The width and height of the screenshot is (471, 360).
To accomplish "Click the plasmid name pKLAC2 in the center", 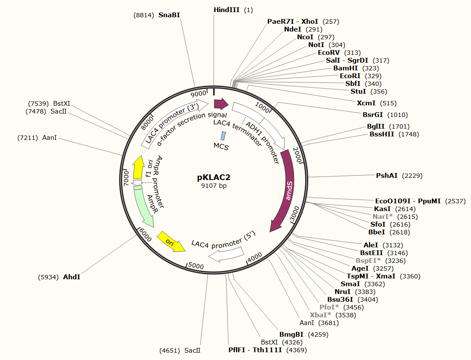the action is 214,177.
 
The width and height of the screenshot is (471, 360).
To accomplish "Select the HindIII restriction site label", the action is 227,10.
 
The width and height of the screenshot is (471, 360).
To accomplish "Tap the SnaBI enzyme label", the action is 169,15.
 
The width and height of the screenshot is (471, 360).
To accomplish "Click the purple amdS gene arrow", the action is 284,189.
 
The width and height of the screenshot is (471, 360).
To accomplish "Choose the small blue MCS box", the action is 223,136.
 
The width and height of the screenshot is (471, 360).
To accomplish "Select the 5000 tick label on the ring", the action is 196,266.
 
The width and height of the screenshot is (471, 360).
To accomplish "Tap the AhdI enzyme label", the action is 72,277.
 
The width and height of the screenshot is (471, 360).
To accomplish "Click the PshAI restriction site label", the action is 386,175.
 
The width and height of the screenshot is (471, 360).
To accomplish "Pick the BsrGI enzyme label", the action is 373,115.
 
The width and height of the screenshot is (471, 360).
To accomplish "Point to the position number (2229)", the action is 412,176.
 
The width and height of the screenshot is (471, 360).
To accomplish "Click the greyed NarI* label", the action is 382,217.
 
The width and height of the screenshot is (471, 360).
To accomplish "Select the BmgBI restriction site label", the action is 291,335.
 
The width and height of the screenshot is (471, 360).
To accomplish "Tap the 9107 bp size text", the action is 214,186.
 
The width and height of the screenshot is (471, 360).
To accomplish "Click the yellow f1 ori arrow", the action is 139,167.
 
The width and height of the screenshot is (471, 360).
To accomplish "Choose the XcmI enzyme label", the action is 366,103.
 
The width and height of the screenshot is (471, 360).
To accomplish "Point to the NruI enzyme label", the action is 342,291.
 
